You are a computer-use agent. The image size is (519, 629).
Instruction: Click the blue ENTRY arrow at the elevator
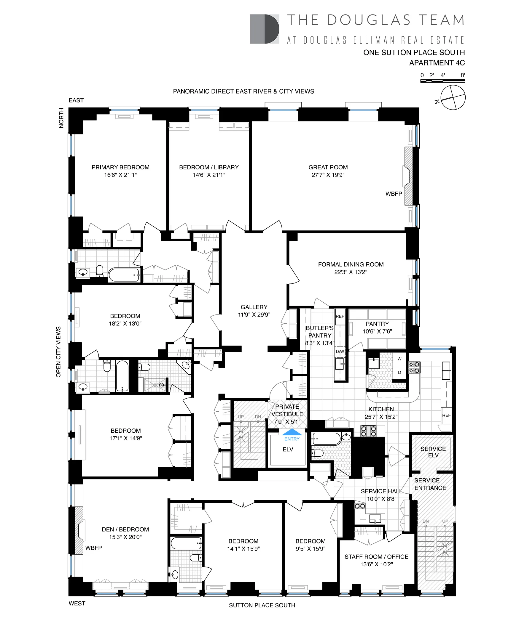click(x=292, y=432)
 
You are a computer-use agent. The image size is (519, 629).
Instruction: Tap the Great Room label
click(x=328, y=167)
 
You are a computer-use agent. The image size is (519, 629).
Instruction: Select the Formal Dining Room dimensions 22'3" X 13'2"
click(x=350, y=272)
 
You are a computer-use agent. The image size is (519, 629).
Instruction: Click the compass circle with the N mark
click(x=453, y=97)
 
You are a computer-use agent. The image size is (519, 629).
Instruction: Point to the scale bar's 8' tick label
click(x=462, y=75)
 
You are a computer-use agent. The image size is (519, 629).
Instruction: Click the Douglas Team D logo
click(x=264, y=29)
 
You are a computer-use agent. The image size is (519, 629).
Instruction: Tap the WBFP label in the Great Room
click(x=394, y=194)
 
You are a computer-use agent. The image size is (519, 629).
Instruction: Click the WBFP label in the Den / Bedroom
click(x=94, y=548)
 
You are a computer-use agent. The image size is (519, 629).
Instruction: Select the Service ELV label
click(x=433, y=452)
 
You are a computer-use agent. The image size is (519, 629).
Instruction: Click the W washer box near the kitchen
click(x=399, y=359)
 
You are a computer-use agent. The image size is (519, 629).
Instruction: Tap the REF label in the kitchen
click(x=446, y=415)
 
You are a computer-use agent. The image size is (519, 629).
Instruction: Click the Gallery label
click(x=254, y=307)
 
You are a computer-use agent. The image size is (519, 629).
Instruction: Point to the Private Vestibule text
click(x=287, y=410)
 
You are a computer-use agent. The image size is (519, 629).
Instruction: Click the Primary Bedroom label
click(x=120, y=167)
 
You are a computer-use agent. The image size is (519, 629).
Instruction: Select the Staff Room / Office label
click(x=376, y=556)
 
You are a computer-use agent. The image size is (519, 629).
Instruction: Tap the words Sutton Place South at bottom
click(x=262, y=605)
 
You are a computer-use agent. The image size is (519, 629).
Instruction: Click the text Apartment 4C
click(x=437, y=63)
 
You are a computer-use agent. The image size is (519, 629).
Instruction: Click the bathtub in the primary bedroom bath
click(x=124, y=275)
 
